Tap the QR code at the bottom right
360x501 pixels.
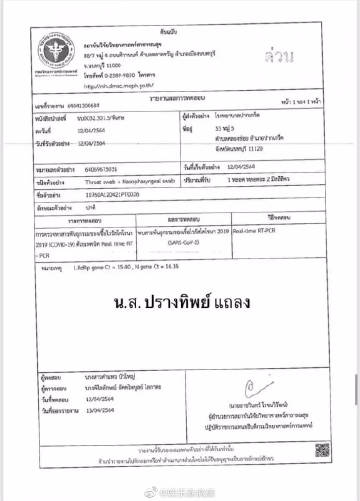click(x=322, y=451)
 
